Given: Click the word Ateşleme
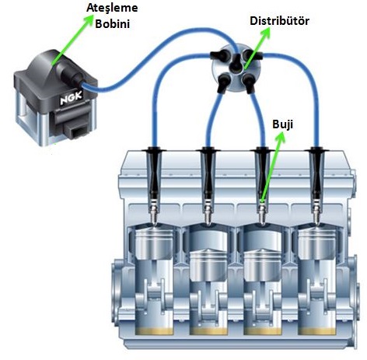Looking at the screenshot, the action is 112,8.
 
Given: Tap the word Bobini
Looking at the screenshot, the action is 112,24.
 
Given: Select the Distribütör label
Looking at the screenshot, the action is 279,21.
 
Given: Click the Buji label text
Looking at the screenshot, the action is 282,124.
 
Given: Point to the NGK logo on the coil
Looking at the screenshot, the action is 71,98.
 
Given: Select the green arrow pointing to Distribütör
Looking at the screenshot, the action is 257,48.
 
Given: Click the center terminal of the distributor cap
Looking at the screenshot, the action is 236,64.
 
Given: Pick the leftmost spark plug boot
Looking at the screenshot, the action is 155,173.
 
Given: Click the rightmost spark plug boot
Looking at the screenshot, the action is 317,173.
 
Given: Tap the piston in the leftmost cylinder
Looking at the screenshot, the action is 155,243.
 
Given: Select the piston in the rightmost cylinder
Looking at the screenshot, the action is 317,243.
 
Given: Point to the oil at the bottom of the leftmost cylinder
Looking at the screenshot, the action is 155,331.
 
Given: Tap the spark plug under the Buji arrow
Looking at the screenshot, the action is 262,212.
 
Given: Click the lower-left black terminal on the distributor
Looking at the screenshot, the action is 224,82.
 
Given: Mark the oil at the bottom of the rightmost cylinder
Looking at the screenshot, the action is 317,331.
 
